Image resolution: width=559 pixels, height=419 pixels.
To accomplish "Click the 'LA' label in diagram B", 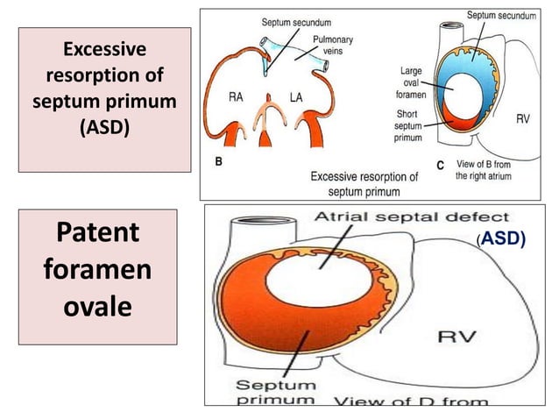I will pyautogui.click(x=296, y=98).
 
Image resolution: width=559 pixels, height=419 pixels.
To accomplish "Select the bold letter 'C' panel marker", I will pyautogui.click(x=441, y=165).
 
